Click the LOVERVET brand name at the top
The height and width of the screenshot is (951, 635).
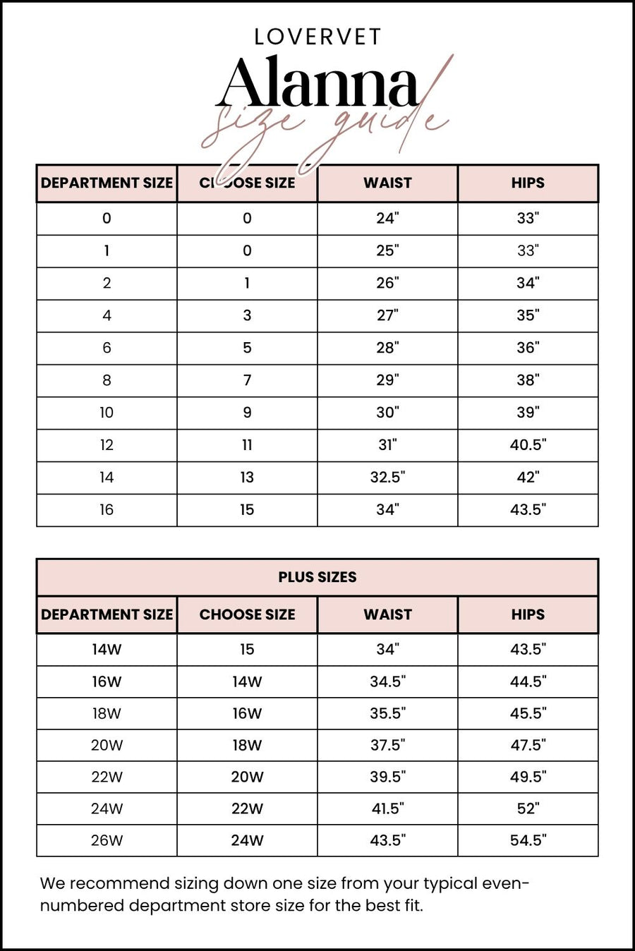tap(317, 37)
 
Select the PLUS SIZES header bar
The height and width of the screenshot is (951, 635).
tap(317, 577)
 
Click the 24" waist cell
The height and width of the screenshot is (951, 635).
tap(387, 218)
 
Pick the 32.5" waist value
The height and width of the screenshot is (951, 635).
tap(387, 478)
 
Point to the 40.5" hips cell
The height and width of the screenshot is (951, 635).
tap(528, 445)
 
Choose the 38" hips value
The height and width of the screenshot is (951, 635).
tap(528, 380)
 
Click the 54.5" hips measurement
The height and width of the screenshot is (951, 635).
tap(528, 840)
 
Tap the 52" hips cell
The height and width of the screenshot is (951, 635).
tap(528, 808)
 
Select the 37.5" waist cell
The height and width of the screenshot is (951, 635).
tap(387, 745)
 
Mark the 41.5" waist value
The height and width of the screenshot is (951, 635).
tap(387, 808)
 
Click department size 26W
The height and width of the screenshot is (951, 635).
tap(107, 840)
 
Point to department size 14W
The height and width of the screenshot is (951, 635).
tap(107, 649)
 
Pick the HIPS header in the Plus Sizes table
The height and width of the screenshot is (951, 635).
tap(528, 614)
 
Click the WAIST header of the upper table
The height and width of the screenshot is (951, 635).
tap(387, 183)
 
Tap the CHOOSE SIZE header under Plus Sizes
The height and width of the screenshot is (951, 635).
tap(247, 614)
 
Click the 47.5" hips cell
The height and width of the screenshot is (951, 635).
tap(528, 745)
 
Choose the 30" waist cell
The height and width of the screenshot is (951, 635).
tap(387, 413)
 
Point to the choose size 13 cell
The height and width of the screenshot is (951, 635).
tap(247, 478)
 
